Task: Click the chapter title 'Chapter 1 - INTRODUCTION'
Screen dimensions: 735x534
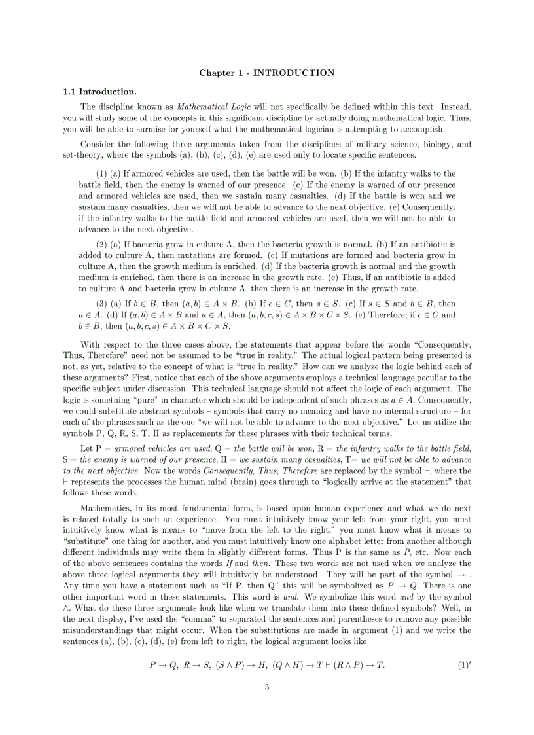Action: tap(267, 73)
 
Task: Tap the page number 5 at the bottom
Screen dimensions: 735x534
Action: tap(267, 687)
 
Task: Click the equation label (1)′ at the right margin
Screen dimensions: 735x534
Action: tap(465, 666)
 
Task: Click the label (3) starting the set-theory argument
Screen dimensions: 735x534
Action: tap(102, 304)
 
